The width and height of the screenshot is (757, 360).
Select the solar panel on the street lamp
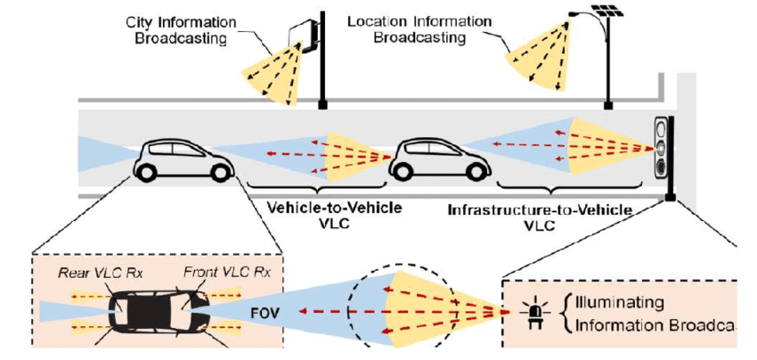click(607, 12)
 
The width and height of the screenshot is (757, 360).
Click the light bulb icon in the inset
click(536, 315)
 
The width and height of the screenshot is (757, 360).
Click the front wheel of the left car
click(215, 172)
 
